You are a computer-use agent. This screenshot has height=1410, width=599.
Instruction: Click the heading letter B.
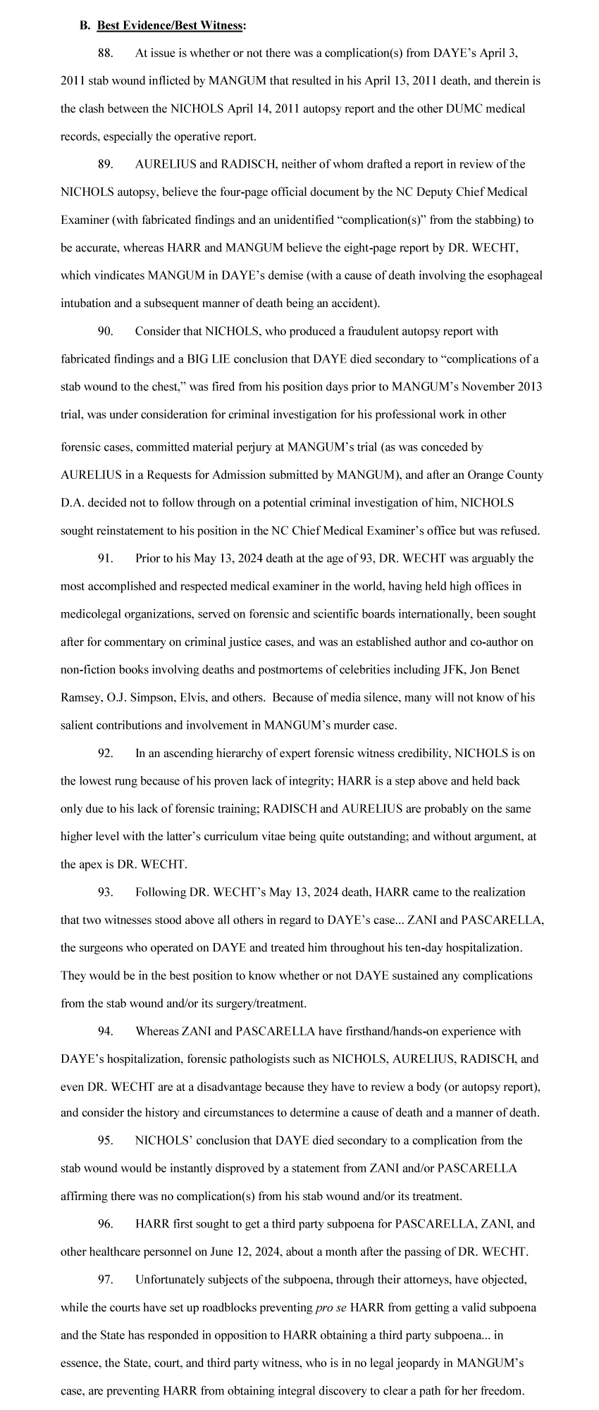point(84,25)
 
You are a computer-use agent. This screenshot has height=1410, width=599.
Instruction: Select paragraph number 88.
point(106,53)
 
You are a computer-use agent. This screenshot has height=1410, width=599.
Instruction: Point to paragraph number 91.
point(106,559)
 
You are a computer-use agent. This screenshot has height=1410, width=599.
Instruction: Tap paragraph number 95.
point(106,1140)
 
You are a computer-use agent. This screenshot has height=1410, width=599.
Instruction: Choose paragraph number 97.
point(106,1279)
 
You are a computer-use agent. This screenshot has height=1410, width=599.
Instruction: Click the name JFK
point(451,670)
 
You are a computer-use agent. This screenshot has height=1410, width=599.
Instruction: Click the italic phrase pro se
point(331,1307)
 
